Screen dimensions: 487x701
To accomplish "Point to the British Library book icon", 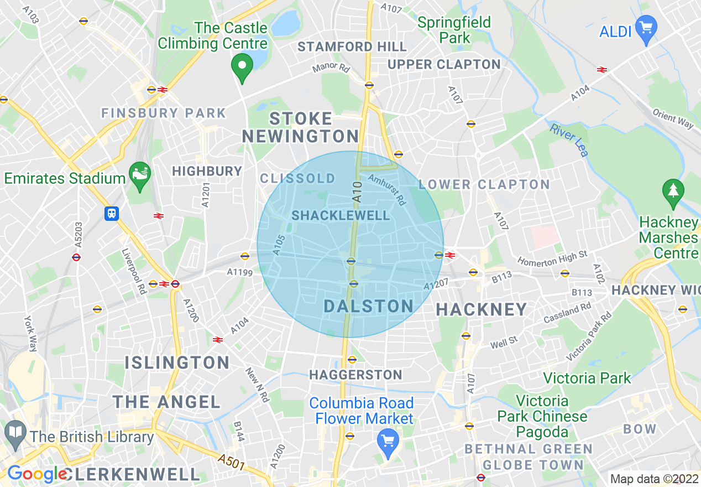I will point(14,432).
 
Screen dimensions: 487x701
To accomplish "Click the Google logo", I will point(36,474).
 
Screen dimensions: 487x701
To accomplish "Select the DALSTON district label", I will point(368,306).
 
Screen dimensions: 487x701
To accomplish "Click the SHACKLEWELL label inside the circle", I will point(341,215).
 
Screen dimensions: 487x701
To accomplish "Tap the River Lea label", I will point(569,140).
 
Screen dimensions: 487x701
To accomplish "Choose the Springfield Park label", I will point(454,30).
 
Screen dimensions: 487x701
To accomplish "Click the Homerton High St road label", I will point(552,258).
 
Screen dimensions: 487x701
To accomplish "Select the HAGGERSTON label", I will point(355,375).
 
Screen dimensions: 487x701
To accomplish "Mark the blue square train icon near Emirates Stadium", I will point(112,213).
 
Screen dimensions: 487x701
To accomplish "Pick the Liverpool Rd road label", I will point(133,271).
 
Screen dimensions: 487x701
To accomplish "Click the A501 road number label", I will point(232,462).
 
